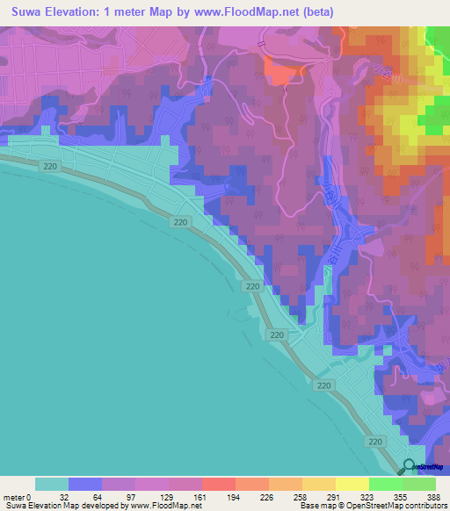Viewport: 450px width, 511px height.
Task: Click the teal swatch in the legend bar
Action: (52, 484)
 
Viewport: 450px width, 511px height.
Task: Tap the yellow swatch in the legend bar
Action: (352, 484)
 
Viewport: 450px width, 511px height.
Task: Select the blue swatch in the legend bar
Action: (85, 484)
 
